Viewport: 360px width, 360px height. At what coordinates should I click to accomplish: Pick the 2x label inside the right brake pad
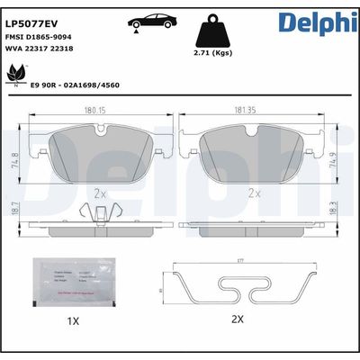[254, 192]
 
